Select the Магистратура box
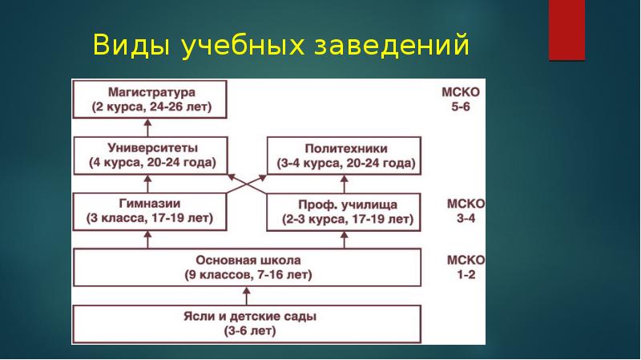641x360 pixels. pyautogui.click(x=149, y=99)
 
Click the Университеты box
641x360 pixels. pyautogui.click(x=149, y=156)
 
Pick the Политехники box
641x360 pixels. pyautogui.click(x=344, y=156)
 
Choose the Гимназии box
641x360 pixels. pyautogui.click(x=149, y=210)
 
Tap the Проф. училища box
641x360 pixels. pyautogui.click(x=344, y=210)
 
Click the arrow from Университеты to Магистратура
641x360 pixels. pyautogui.click(x=149, y=127)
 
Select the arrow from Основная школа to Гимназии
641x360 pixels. pyautogui.click(x=149, y=238)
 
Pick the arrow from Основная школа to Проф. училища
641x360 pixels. pyautogui.click(x=344, y=238)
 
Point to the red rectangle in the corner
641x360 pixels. pyautogui.click(x=566, y=30)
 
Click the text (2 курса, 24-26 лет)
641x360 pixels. pyautogui.click(x=149, y=107)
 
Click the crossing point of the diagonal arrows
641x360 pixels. pyautogui.click(x=247, y=183)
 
